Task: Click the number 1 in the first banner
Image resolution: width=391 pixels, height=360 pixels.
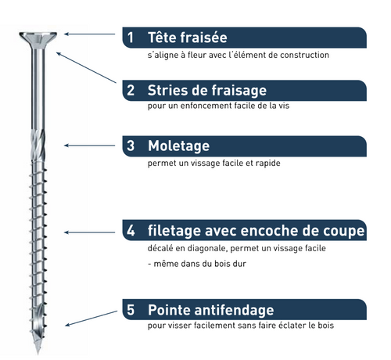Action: click(x=131, y=37)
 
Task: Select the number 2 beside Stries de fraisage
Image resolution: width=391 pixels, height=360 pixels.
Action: click(x=131, y=89)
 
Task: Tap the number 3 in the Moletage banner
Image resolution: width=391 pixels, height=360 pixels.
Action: click(x=131, y=146)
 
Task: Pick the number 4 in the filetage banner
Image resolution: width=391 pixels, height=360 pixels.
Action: click(x=131, y=231)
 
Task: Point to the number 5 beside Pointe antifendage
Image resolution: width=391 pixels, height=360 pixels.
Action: click(x=131, y=309)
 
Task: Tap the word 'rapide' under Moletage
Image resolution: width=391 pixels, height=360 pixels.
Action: click(x=266, y=164)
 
